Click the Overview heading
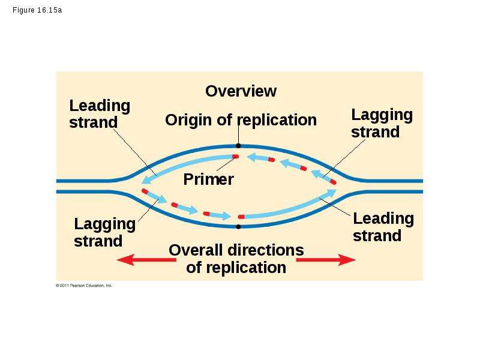click(241, 91)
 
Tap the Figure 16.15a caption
click(37, 10)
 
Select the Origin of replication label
click(241, 119)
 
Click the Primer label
click(208, 179)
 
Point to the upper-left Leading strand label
click(100, 114)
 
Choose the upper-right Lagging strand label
click(382, 124)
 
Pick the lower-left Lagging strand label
click(104, 232)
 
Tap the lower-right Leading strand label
click(383, 227)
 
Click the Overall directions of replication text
click(236, 259)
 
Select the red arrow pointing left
click(146, 260)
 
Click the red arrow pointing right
click(326, 260)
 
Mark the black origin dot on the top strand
click(238, 146)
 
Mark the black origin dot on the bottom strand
click(238, 227)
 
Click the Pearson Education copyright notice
click(84, 286)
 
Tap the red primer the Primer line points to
click(235, 157)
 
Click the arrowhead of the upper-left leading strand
click(146, 179)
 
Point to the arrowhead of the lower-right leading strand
click(332, 193)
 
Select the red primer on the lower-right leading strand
click(241, 217)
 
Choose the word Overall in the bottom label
click(196, 250)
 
